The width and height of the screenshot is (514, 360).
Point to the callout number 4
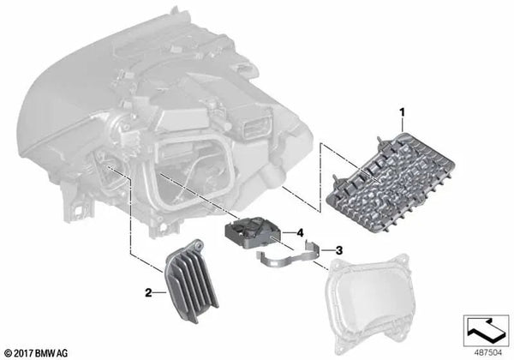(x=301, y=232)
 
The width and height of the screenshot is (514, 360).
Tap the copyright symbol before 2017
(x=10, y=351)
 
